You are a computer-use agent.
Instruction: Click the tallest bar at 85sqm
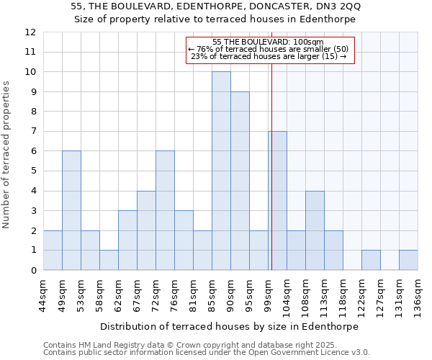[x=221, y=171]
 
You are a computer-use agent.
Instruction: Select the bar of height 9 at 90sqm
[x=240, y=181]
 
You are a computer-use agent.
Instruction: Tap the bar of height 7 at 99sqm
[x=278, y=201]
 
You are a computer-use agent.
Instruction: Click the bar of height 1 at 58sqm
[x=109, y=260]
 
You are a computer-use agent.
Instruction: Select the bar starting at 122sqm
[x=371, y=260]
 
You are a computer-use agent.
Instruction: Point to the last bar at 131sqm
[x=408, y=260]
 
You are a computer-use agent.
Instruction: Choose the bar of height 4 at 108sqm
[x=315, y=230]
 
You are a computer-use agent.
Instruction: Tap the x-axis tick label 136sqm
[x=418, y=297]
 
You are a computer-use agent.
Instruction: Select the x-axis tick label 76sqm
[x=175, y=297]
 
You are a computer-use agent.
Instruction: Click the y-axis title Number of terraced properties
[x=7, y=155]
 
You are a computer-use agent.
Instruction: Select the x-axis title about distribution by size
[x=229, y=326]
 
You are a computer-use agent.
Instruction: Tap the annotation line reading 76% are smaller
[x=269, y=49]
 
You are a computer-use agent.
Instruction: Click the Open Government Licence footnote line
[x=207, y=353]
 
